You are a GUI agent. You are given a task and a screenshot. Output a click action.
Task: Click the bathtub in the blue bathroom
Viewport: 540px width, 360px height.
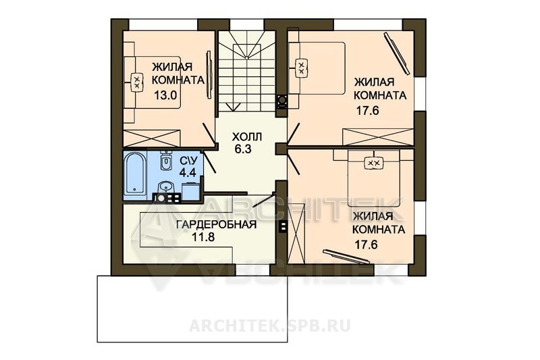135,174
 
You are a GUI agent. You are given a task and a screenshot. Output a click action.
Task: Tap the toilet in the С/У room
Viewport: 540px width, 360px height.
166,161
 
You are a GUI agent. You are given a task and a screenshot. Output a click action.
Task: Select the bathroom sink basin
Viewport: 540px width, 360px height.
167,188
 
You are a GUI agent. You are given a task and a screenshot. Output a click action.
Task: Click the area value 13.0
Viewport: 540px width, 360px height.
165,95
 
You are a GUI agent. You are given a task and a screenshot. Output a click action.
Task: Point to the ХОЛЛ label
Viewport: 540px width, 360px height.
247,136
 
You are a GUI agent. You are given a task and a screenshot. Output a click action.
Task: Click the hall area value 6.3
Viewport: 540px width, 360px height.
243,149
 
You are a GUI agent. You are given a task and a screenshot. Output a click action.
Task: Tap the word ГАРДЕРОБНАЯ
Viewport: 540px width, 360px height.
217,225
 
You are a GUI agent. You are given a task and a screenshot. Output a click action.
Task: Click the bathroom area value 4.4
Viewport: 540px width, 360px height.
188,172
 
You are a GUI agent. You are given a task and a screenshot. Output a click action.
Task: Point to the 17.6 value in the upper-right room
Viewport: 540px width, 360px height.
367,111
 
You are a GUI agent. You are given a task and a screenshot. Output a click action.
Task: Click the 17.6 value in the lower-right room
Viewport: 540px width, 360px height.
366,245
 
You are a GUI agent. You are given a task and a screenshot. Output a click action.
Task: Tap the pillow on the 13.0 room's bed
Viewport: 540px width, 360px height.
137,82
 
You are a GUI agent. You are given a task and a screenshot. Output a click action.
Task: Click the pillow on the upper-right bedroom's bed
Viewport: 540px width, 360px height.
301,68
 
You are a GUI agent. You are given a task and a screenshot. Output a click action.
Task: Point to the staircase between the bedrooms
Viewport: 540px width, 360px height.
247,72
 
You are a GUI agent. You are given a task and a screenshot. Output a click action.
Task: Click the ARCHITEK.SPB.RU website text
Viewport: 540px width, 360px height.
269,326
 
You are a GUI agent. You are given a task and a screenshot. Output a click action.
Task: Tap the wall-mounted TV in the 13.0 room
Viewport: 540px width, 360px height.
209,75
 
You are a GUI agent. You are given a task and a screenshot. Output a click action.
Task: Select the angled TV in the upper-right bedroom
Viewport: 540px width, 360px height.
398,53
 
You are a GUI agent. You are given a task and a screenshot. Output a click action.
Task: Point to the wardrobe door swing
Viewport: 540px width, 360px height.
263,201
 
